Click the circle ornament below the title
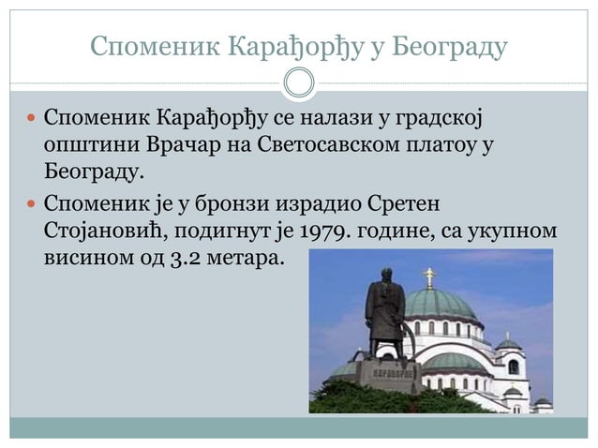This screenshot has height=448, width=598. (x=299, y=83)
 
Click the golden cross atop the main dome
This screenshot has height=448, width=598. (x=430, y=275)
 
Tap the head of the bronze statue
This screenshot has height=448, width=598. (x=386, y=275)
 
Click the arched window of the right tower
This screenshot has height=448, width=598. (x=512, y=366)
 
